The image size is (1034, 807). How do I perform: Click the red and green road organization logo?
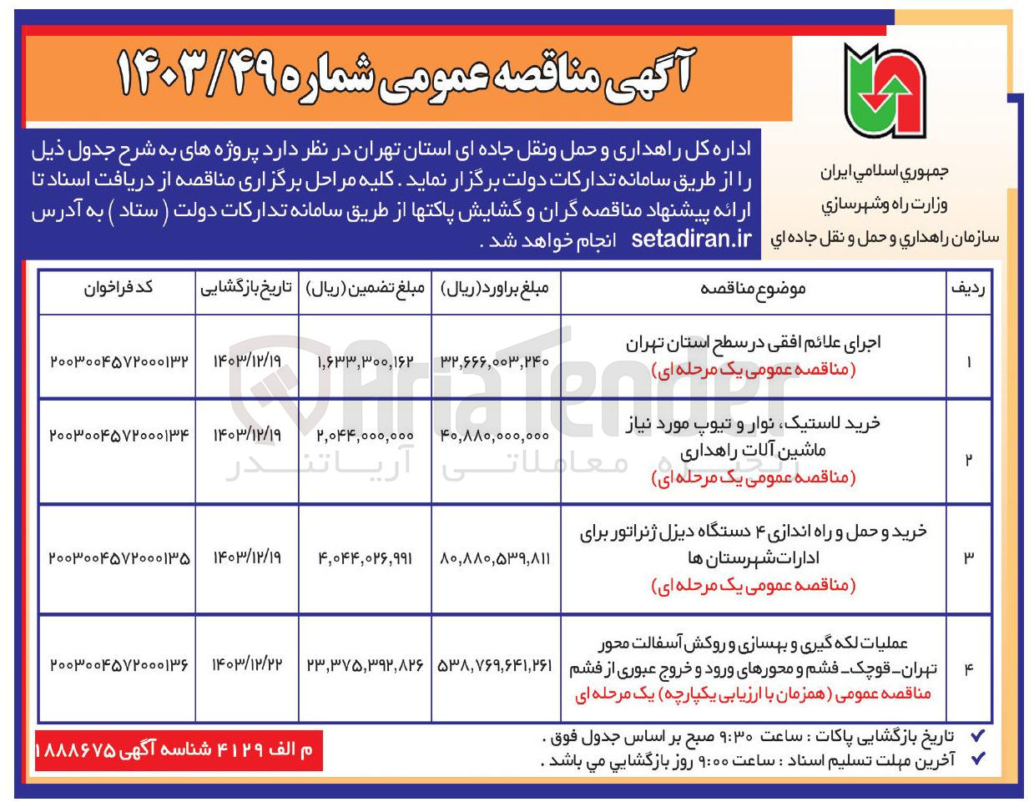885,91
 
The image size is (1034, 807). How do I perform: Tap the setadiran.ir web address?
691,240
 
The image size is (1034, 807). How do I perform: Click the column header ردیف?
968,289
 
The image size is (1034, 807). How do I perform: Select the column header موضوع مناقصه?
753,289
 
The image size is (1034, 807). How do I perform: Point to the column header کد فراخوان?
118,288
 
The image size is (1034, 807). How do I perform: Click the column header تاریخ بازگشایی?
246,288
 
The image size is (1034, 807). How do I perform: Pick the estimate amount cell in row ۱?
496,361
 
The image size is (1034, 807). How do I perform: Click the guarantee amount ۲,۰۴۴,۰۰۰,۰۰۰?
365,436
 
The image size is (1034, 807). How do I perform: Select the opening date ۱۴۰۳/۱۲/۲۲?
247,664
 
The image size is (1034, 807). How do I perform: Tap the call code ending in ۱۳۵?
119,557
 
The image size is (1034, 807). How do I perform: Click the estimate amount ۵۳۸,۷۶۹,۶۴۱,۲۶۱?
496,665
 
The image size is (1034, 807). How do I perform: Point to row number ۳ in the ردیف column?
968,557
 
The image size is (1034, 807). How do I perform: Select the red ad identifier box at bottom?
178,750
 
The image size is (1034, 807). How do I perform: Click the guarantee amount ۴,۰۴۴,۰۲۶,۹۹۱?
365,557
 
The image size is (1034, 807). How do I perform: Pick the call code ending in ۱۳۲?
119,361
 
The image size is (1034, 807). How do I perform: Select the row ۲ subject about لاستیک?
753,436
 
